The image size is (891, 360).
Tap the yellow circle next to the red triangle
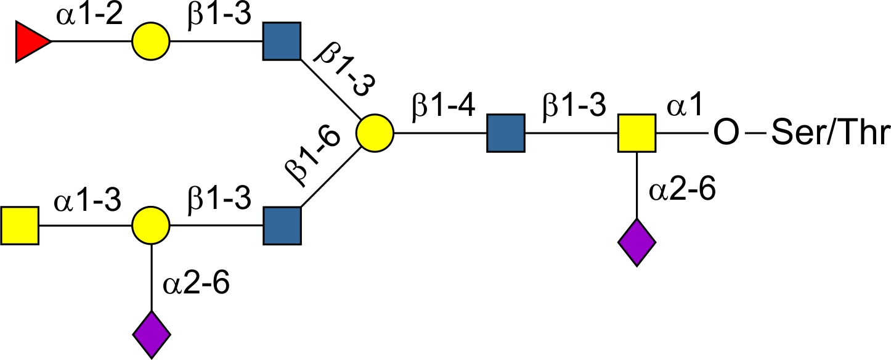tap(150, 43)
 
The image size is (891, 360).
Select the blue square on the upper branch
tap(282, 42)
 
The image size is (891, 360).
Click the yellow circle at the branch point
tap(374, 133)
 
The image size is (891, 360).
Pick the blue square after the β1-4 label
tap(506, 133)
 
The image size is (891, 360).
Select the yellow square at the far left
tap(20, 226)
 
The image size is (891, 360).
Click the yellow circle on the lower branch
tap(150, 226)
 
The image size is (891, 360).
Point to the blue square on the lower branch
tap(282, 226)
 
